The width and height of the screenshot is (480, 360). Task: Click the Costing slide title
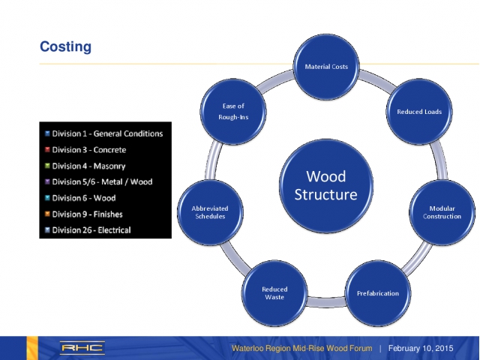click(65, 47)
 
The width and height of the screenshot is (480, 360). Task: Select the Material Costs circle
click(326, 67)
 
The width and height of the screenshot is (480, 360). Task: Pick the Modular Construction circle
click(442, 211)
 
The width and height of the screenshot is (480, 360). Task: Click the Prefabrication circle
click(377, 292)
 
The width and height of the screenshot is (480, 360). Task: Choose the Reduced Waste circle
click(274, 292)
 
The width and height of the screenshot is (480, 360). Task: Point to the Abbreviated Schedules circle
click(211, 211)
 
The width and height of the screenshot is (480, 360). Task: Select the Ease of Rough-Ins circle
click(234, 112)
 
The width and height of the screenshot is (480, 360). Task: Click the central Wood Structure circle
click(326, 185)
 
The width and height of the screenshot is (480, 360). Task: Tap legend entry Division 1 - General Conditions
click(106, 133)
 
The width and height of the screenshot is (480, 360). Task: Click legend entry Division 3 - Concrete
click(88, 150)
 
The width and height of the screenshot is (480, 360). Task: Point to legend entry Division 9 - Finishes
click(87, 214)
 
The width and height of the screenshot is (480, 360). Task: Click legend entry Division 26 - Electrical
click(91, 230)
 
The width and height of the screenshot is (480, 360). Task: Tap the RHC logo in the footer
click(82, 348)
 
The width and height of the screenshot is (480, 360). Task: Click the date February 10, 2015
click(421, 349)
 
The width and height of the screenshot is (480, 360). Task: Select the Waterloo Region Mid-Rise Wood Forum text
click(301, 349)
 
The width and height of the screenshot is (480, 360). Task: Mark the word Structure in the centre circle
click(326, 195)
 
